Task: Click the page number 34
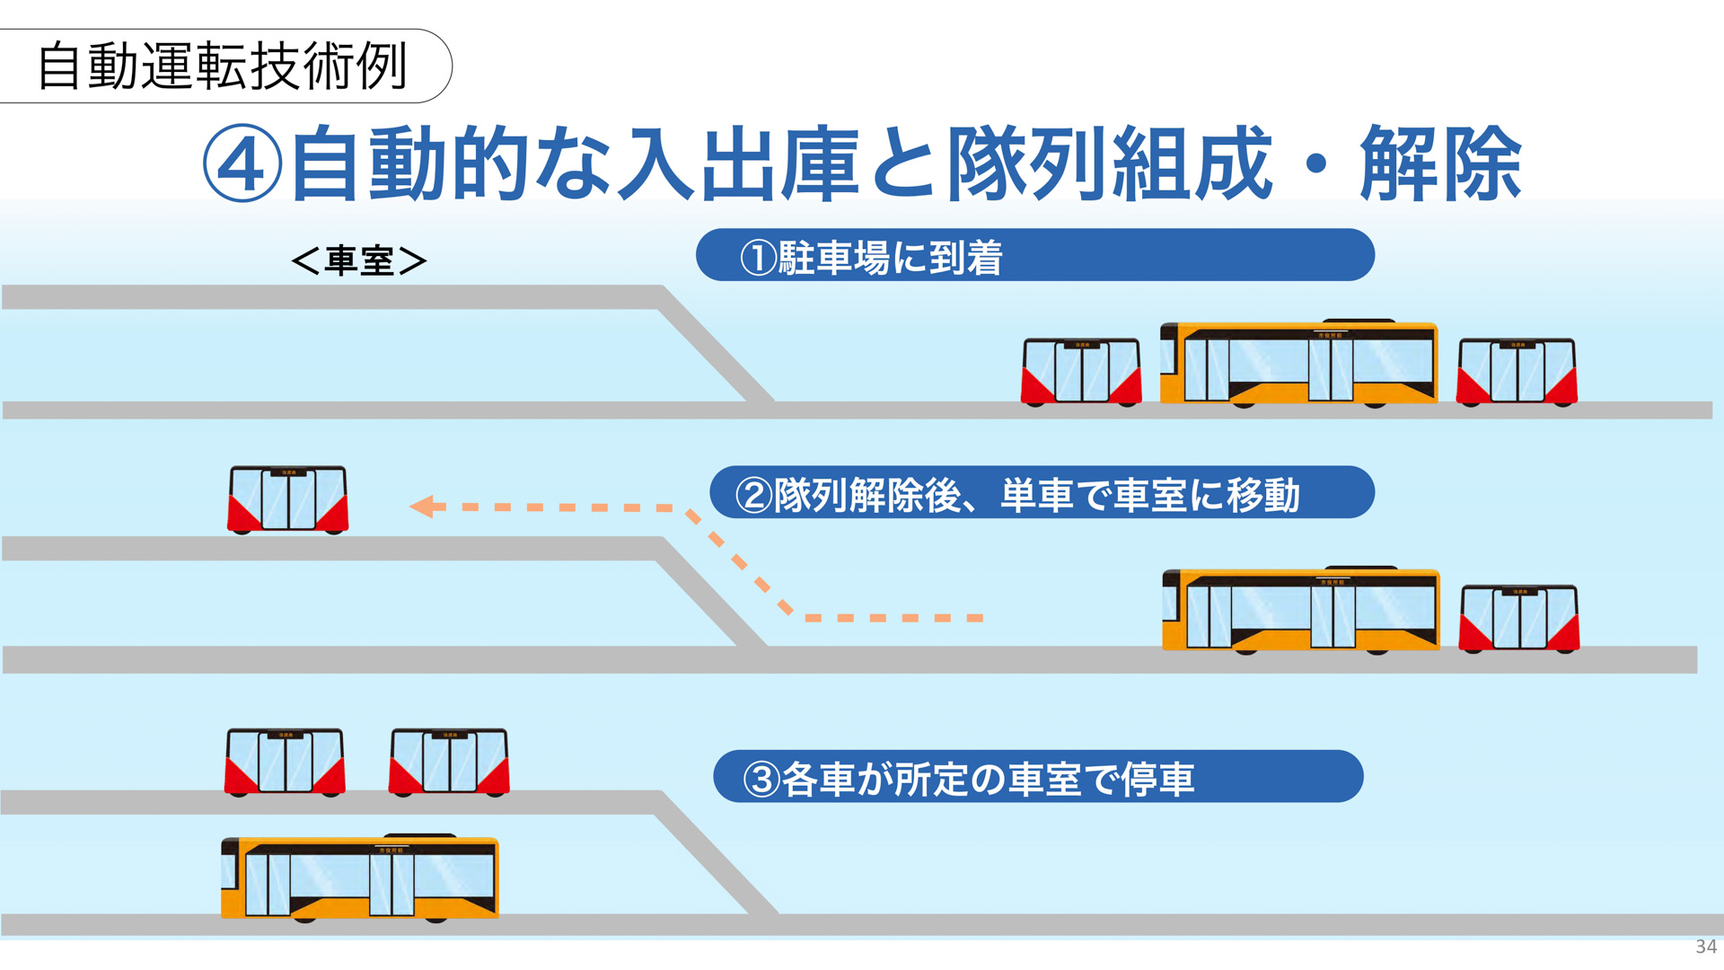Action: [1705, 946]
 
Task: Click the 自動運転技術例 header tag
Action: [222, 66]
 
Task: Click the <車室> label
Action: [359, 260]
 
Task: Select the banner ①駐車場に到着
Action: [1034, 256]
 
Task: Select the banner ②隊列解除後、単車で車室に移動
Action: [1042, 493]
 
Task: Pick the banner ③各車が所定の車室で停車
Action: [1037, 777]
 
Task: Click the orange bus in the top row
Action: [1298, 364]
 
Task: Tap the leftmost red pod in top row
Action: [1081, 372]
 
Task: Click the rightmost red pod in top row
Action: [1516, 372]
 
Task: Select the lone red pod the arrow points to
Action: [287, 499]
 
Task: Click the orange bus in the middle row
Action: [1300, 611]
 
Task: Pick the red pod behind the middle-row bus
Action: [1518, 619]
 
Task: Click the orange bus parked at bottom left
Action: [359, 878]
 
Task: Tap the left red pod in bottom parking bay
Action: [285, 762]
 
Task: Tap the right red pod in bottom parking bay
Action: [449, 762]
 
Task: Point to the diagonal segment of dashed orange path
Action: [739, 562]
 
